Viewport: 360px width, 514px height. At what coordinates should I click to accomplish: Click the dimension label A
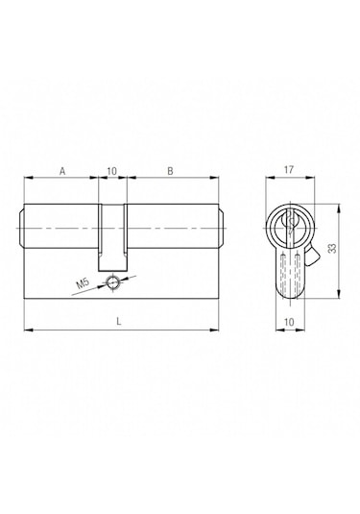(62, 171)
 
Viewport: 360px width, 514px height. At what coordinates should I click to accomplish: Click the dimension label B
(170, 171)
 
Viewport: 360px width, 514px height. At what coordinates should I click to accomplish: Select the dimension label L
(119, 322)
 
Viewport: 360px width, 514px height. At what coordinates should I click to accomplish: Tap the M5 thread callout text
(83, 282)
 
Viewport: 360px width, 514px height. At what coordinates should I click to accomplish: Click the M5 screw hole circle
(112, 281)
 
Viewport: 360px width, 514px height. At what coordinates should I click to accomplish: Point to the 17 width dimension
(289, 170)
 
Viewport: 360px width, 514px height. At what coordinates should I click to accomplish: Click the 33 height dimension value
(332, 248)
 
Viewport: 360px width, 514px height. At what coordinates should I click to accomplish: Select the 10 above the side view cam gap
(111, 171)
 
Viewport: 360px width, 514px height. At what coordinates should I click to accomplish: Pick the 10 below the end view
(290, 322)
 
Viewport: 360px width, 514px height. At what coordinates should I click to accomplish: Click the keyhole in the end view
(290, 225)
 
